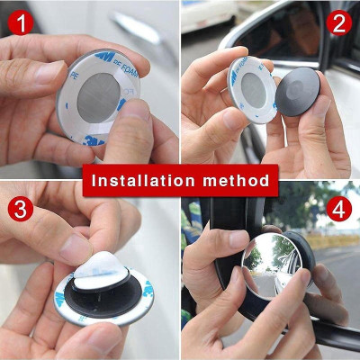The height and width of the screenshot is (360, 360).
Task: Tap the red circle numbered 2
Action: pos(338,22)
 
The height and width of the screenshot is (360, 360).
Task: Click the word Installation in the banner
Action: pos(144,180)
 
